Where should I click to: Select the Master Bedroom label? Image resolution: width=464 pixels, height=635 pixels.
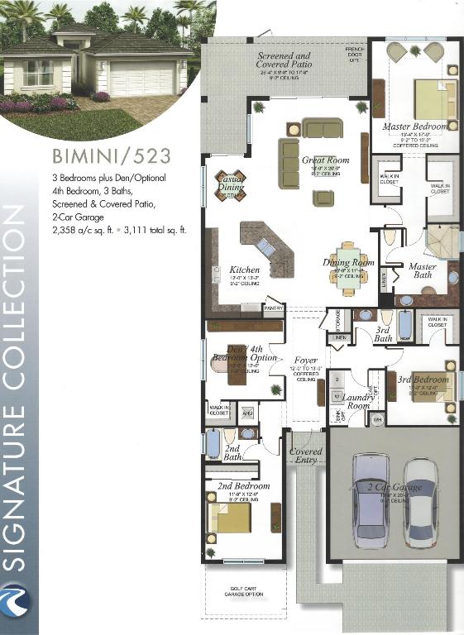tap(414, 127)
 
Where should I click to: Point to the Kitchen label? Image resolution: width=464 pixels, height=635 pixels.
tap(245, 270)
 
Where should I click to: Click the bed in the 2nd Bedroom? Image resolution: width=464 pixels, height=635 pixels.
tap(231, 518)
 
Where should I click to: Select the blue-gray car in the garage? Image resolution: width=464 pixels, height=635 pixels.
tap(371, 499)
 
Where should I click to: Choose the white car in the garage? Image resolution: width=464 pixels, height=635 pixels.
tap(420, 502)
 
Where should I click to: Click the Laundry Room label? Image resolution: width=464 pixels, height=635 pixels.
tap(361, 401)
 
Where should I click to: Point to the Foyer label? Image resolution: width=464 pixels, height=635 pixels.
tap(306, 361)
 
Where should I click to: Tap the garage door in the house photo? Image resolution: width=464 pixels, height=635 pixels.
tap(142, 79)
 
